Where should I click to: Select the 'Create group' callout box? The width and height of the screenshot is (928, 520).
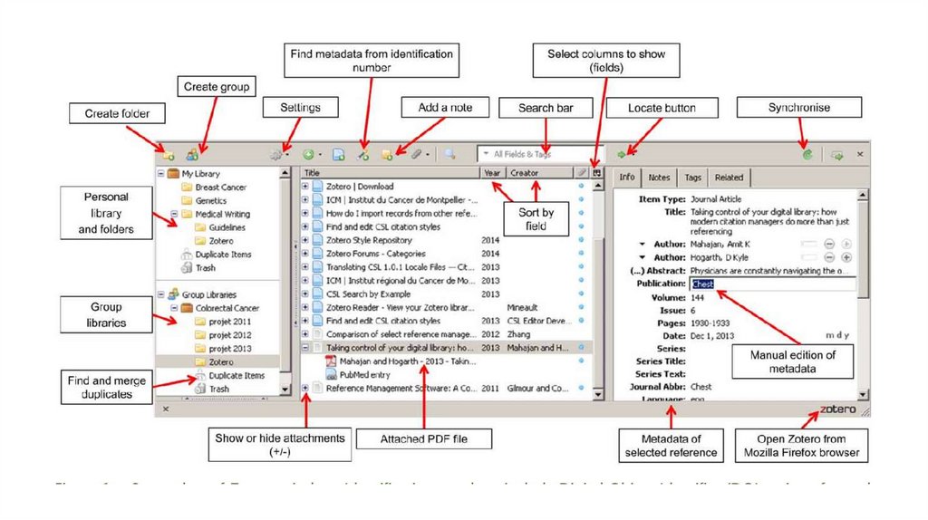(x=218, y=87)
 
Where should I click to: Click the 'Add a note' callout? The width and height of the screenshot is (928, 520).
(x=445, y=108)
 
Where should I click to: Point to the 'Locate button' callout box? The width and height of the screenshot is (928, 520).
(x=662, y=108)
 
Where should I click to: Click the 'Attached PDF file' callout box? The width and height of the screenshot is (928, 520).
(x=423, y=439)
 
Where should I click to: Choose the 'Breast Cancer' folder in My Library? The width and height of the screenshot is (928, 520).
(x=220, y=188)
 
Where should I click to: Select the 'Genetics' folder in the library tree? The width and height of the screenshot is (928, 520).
(x=211, y=201)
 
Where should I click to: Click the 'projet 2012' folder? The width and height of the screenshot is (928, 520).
(x=229, y=335)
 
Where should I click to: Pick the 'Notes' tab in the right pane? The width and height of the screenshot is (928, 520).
(x=659, y=178)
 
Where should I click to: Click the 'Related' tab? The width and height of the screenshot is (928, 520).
(x=728, y=178)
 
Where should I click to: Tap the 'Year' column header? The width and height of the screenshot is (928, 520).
(x=492, y=172)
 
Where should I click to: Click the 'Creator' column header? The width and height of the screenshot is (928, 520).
(x=525, y=172)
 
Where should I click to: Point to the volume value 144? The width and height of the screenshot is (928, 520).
(x=698, y=297)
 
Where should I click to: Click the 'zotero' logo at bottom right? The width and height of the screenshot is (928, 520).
(x=837, y=409)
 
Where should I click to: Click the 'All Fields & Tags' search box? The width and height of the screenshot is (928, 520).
(x=535, y=154)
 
